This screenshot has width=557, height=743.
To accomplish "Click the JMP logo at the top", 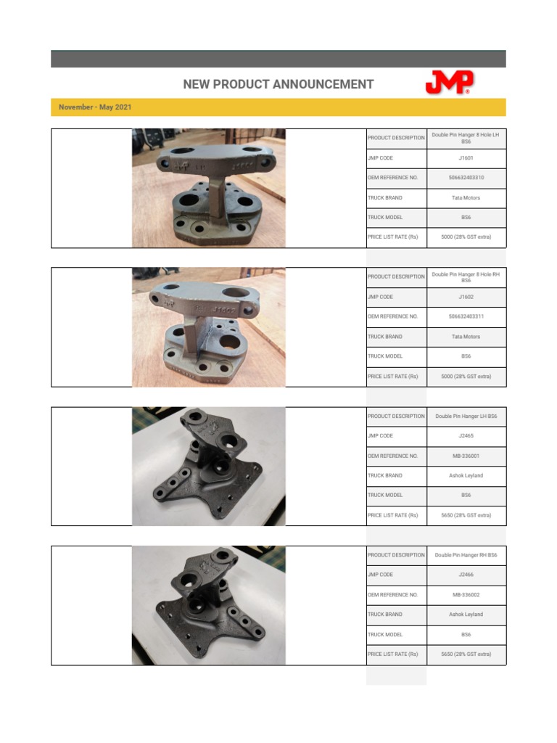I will (x=449, y=83).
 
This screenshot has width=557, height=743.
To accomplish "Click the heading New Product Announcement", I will (x=278, y=84).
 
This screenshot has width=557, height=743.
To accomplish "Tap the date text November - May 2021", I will (x=95, y=107).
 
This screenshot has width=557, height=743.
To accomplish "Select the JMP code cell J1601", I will (x=466, y=157).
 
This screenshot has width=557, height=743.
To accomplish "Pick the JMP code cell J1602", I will (x=466, y=297).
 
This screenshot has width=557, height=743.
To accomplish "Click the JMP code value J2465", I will (x=466, y=436).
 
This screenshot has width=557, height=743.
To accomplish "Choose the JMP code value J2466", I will (x=466, y=575).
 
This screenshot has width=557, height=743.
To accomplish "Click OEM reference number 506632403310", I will (x=466, y=178).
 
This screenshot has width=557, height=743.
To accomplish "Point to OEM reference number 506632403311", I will (x=466, y=316).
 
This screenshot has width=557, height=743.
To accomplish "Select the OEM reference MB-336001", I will (x=466, y=456).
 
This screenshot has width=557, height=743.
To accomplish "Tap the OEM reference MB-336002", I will (x=466, y=595).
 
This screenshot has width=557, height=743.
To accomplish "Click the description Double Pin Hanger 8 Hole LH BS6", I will (x=466, y=138).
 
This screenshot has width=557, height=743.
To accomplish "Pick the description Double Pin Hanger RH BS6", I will (x=466, y=555).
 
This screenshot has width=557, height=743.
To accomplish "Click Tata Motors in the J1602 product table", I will (x=466, y=337).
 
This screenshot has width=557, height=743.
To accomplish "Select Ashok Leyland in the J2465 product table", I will (x=466, y=476).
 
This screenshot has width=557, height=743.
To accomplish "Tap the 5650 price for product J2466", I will (x=466, y=654).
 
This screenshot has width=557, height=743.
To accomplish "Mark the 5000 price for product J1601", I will (x=466, y=237).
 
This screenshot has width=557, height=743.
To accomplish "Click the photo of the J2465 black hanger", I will (x=209, y=466).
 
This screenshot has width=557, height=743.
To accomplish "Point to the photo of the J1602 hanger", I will (x=209, y=327).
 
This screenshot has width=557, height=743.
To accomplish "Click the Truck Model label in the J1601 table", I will (x=385, y=218).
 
